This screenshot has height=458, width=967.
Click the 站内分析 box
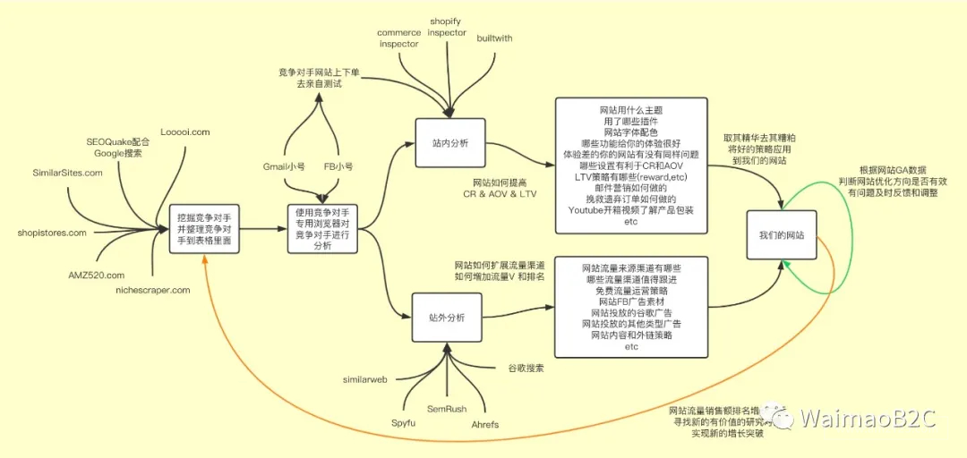coord(450,142)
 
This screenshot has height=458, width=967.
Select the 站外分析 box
coord(448,318)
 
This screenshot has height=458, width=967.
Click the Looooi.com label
coord(184,132)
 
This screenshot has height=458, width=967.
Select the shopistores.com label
coord(52,233)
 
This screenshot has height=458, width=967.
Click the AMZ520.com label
coord(96,275)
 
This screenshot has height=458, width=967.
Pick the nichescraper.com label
coord(153,290)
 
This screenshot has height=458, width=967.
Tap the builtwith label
coord(494,38)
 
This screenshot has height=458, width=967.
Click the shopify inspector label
coord(447,26)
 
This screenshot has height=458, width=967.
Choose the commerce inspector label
coord(399,38)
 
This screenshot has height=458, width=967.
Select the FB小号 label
coord(338,166)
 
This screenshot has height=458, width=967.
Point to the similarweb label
coord(364,379)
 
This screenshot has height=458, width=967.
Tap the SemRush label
coord(446,409)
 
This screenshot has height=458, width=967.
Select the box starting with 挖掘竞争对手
coord(203,229)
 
